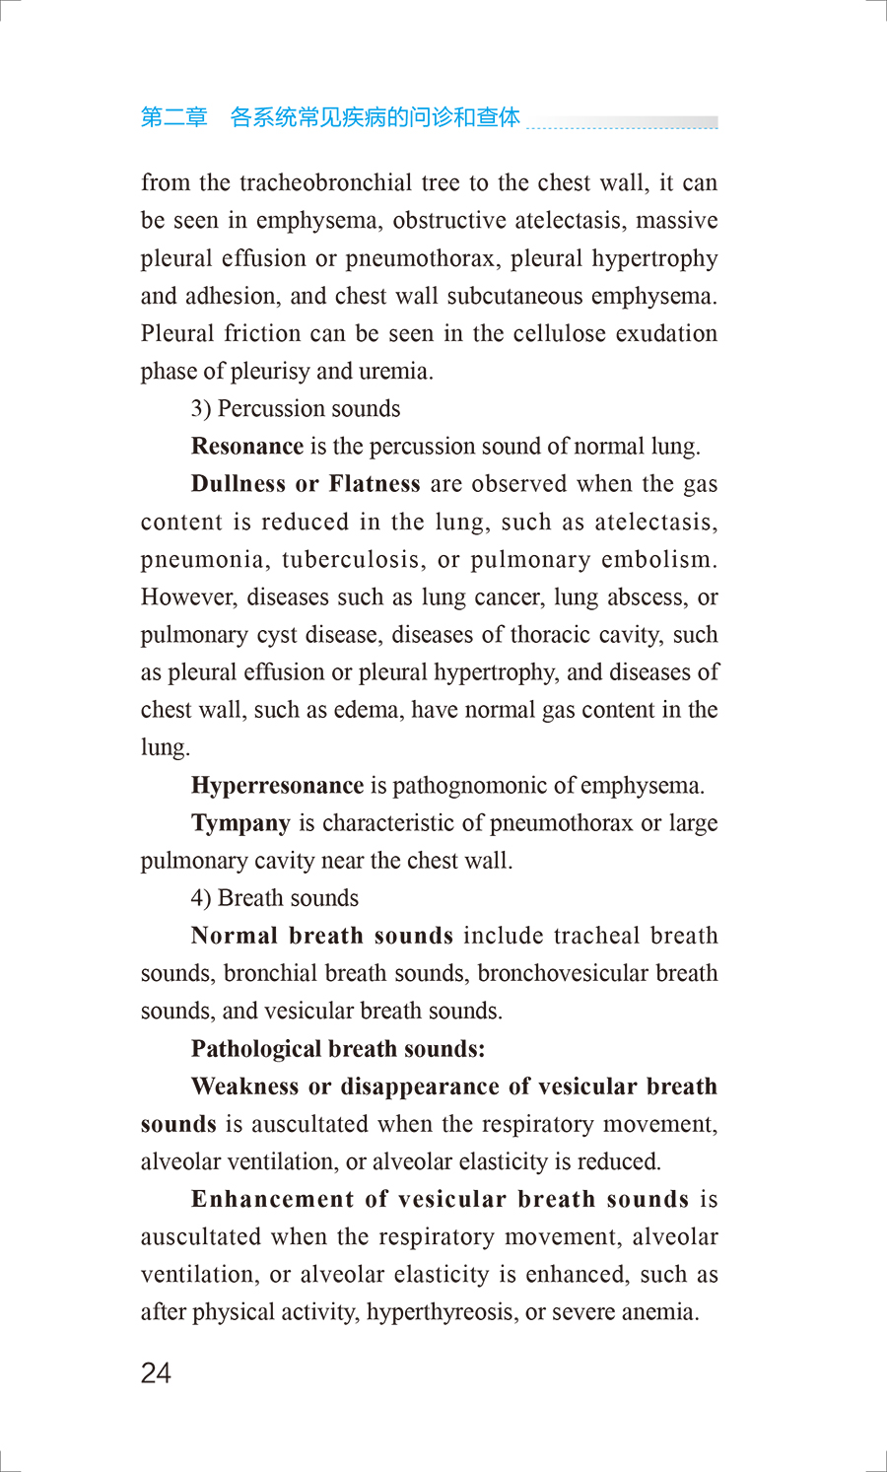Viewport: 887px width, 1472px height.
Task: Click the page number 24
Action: [x=156, y=1372]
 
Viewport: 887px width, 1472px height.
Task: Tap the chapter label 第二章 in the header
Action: [x=173, y=117]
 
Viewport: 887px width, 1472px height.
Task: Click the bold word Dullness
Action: [x=238, y=484]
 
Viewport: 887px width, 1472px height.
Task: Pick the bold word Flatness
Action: [x=375, y=484]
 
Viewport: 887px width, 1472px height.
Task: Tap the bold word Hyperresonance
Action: [x=277, y=786]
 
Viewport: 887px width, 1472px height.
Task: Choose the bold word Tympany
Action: [x=240, y=823]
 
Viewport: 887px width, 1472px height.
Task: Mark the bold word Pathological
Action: [x=256, y=1049]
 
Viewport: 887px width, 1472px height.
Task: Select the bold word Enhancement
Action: [x=272, y=1200]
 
